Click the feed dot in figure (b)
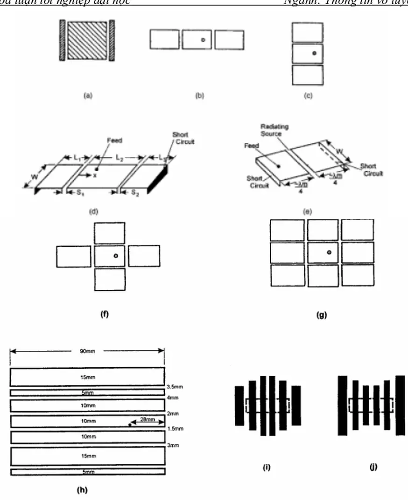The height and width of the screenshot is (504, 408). tap(203, 40)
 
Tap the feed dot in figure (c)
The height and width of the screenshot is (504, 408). tap(314, 53)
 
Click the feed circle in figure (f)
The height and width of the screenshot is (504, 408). tap(116, 256)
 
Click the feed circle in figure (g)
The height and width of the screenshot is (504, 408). tap(329, 252)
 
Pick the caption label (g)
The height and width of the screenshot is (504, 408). tap(322, 315)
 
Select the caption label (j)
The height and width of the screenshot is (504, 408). tap(373, 467)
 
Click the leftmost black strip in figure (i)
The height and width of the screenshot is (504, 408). tap(239, 405)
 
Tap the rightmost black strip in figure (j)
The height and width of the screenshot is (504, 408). tap(400, 405)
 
